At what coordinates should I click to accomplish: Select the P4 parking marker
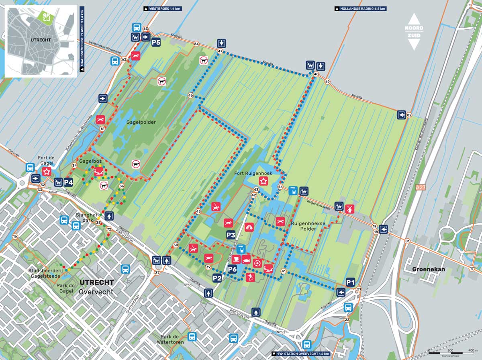coord(68,182)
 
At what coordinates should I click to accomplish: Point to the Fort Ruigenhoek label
coord(253,173)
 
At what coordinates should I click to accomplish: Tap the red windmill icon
coord(349,209)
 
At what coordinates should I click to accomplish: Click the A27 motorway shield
coord(420,187)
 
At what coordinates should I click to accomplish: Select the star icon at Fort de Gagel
coord(47,172)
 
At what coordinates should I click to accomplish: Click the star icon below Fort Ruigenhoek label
coord(263,181)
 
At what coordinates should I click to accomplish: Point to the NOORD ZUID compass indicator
coord(413,32)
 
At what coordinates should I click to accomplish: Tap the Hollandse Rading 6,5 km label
coord(360,8)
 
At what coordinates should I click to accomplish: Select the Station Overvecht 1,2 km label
coord(301,354)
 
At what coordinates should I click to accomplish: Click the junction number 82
coord(409,115)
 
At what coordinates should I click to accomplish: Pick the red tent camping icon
coord(249,227)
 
